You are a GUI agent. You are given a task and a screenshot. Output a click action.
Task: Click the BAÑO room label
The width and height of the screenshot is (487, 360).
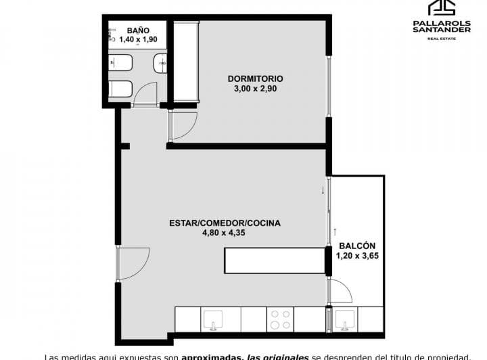click(x=137, y=30)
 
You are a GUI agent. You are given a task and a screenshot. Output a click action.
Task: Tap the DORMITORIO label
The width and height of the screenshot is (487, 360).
click(x=255, y=78)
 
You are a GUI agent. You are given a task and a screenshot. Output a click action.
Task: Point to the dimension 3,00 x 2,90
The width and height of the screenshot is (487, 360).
click(x=255, y=88)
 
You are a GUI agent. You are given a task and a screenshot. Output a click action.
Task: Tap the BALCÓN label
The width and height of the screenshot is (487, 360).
click(x=357, y=246)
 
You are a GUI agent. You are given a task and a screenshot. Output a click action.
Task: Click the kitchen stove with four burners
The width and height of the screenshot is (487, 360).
click(x=280, y=319)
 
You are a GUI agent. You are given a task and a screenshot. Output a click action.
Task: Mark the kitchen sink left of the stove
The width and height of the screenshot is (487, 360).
click(x=214, y=319)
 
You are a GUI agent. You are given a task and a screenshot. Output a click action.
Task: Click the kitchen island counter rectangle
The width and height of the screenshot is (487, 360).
click(x=275, y=260)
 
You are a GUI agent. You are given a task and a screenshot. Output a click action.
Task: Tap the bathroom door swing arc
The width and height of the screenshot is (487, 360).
click(x=145, y=95)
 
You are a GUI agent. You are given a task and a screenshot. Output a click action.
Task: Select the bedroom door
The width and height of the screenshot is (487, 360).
click(x=183, y=126)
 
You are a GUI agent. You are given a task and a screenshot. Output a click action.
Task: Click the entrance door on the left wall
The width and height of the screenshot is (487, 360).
click(x=134, y=263)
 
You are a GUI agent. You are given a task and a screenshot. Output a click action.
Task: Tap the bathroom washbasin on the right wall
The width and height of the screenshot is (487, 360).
click(x=161, y=64)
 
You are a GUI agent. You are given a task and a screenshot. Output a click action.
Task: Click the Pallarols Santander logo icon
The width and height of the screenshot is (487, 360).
click(x=443, y=7)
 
